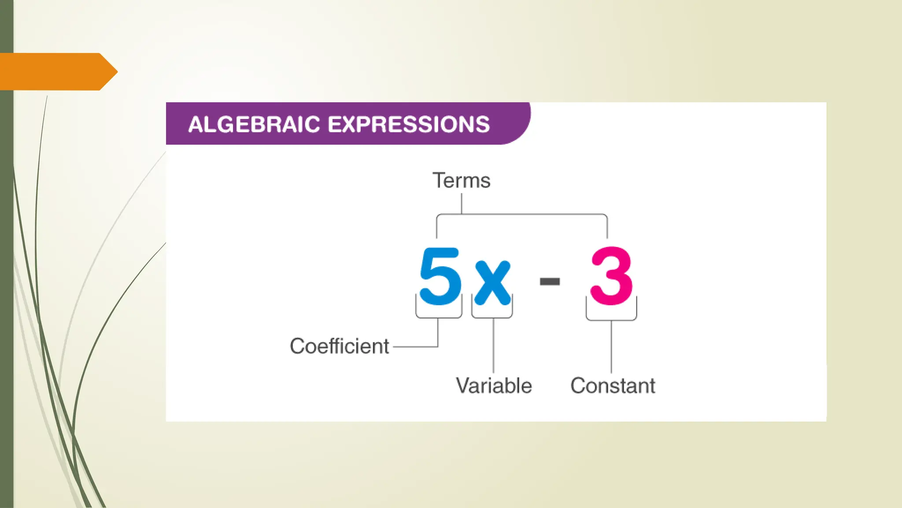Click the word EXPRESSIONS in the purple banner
[x=409, y=124]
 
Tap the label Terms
[x=461, y=180]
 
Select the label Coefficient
[x=339, y=346]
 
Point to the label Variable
[x=494, y=386]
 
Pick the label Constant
[x=613, y=386]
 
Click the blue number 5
[x=440, y=276]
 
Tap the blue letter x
[x=492, y=282]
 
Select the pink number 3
[x=611, y=276]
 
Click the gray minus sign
[x=550, y=281]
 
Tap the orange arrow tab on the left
[x=57, y=71]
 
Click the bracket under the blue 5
[x=439, y=317]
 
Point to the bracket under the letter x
[x=492, y=317]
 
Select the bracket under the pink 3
[x=611, y=319]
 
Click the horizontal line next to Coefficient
[x=414, y=347]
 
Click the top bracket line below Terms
[x=522, y=215]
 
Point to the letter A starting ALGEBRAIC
[x=195, y=125]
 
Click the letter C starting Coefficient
[x=298, y=346]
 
